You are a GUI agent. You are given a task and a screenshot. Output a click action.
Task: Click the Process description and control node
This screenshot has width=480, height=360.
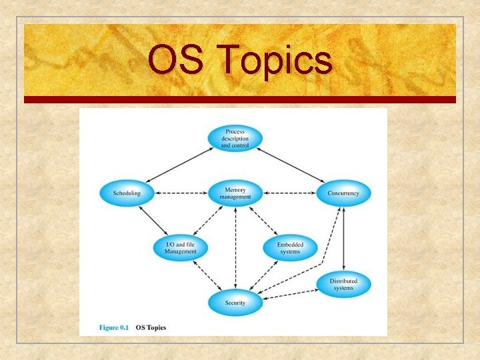click(x=235, y=137)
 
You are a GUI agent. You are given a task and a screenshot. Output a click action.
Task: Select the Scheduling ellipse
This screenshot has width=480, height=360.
click(x=127, y=193)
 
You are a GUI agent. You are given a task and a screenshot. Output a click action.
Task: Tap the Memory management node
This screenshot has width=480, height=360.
click(x=235, y=193)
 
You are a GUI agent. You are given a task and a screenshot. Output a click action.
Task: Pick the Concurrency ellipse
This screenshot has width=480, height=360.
click(x=343, y=193)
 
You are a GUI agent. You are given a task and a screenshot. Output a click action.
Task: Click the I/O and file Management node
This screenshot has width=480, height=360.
click(x=181, y=248)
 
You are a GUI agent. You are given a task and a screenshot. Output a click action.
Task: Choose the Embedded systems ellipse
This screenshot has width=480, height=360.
click(x=289, y=248)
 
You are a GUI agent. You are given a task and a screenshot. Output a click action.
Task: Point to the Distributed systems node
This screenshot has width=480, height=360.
click(x=343, y=285)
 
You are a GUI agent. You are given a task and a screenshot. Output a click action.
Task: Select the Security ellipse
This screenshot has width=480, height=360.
click(x=235, y=303)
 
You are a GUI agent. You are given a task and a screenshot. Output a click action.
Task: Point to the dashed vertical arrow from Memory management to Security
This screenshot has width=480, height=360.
click(x=235, y=247)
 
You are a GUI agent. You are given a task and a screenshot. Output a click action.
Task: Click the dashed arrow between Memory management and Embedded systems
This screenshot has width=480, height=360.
click(x=263, y=221)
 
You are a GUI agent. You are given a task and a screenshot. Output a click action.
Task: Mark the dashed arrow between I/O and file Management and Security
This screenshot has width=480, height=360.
click(x=207, y=275)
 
